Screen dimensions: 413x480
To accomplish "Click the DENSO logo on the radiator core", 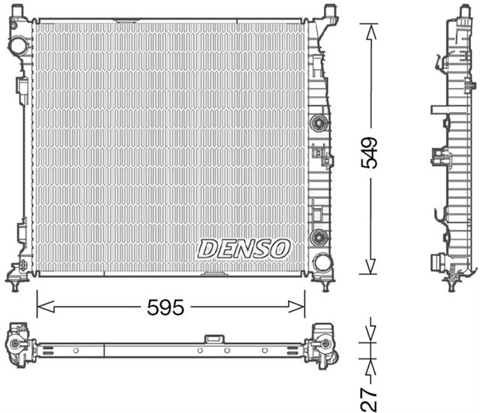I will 244,248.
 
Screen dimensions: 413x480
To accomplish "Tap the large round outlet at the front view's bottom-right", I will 322,263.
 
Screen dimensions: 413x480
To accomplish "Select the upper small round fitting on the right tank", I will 318,122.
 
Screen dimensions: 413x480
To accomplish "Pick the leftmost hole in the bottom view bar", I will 76,350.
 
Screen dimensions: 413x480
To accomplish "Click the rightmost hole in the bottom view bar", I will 265,350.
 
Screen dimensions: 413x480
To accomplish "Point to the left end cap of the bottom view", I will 19,346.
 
